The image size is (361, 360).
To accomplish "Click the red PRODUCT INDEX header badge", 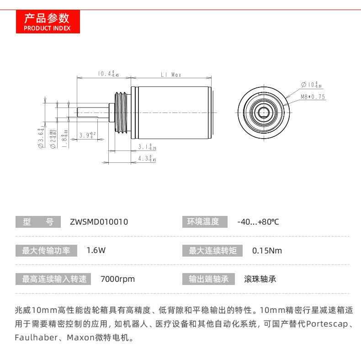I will click(47, 22).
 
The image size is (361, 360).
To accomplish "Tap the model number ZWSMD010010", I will click(99, 222).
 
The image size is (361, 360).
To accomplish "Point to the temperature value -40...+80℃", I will click(258, 222).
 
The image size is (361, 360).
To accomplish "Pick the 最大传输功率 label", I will click(46, 251).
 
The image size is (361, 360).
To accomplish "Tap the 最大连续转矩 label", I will click(212, 251).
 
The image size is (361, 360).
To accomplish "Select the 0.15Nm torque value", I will click(267, 251).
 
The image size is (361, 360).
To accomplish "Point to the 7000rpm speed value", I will click(117, 279).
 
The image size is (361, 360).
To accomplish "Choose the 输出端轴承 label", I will click(208, 279).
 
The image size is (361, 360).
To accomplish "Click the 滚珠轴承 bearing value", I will click(260, 279).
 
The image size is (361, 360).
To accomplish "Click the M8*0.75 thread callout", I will click(313, 97).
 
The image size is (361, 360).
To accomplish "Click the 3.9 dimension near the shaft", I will click(86, 135).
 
